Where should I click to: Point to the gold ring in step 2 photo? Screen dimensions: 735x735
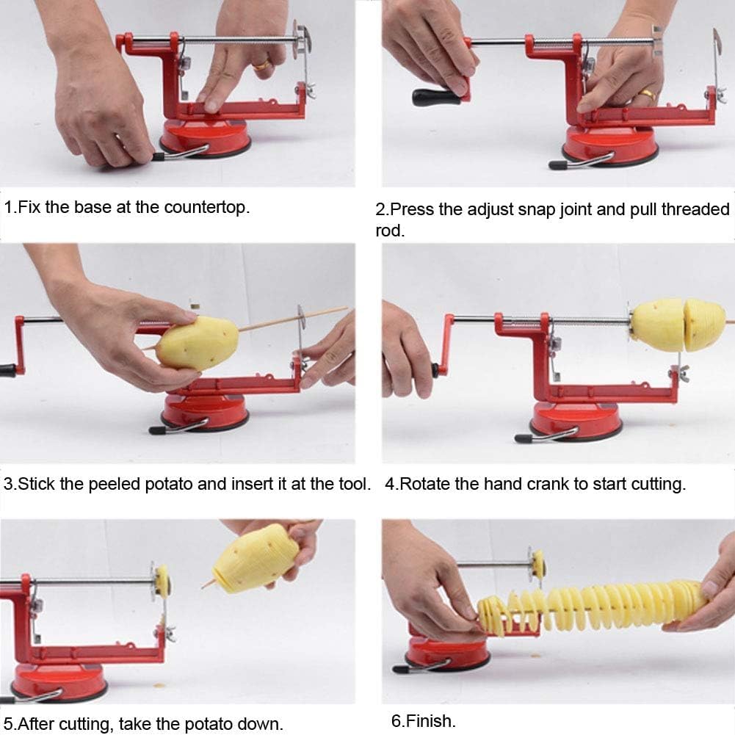pos(645,93)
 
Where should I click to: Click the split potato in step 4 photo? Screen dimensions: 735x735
pos(677,325)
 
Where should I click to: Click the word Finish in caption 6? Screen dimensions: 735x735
pos(433,721)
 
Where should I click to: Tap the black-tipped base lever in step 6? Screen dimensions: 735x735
pos(401,669)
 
